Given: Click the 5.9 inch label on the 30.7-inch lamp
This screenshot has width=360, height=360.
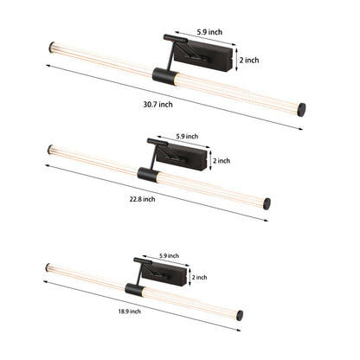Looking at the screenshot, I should point(209,32).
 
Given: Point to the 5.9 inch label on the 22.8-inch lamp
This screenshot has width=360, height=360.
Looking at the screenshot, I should point(187,136).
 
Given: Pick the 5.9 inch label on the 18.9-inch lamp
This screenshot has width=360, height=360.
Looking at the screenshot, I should point(169,256).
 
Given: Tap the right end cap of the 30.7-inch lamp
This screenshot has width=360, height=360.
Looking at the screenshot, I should point(302,110).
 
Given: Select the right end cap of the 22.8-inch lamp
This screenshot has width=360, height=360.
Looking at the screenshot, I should point(267,204).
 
